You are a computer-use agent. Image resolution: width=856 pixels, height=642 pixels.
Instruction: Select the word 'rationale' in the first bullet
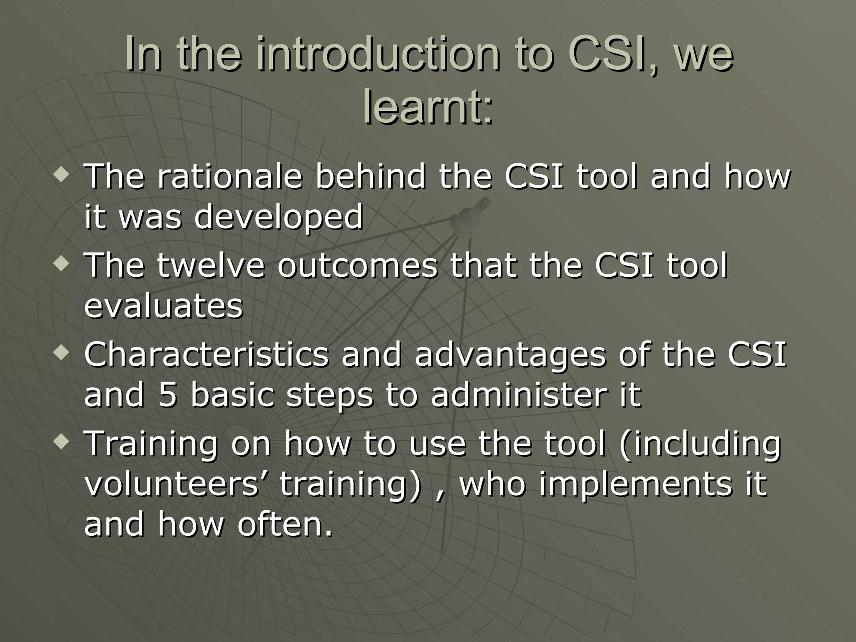coord(229,176)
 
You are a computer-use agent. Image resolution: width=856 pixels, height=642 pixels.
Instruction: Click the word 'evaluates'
coord(163,306)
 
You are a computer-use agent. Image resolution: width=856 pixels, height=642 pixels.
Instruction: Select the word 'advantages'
coord(510,354)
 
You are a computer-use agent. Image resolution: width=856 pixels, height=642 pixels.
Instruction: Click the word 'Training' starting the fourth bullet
coord(151,444)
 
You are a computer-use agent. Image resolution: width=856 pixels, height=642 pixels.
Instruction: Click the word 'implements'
coord(635,484)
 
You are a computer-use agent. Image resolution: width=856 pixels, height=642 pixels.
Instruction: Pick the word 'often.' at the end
coord(285,524)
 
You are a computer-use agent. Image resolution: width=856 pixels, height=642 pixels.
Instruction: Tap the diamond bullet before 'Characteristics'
coord(62,354)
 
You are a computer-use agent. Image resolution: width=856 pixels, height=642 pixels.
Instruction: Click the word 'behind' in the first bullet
coord(370,176)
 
